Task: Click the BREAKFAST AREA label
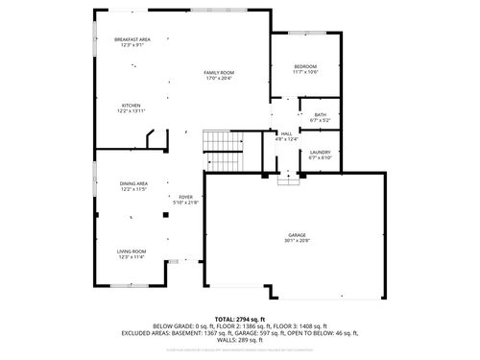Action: point(132,39)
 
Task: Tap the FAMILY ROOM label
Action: point(219,73)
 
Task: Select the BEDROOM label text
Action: point(305,66)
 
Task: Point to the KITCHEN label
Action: point(131,106)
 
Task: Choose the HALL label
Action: point(286,134)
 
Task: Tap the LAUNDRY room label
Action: point(320,153)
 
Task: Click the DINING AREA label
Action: point(133,183)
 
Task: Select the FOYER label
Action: point(185,196)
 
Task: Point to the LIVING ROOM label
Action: point(132,252)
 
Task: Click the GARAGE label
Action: point(297,234)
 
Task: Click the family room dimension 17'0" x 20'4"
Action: point(219,79)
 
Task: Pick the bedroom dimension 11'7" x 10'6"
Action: point(305,72)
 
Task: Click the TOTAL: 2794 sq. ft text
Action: point(240,319)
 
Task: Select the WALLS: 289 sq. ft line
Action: point(240,341)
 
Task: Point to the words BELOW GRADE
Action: point(146,326)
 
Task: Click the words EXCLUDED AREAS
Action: point(147,333)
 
